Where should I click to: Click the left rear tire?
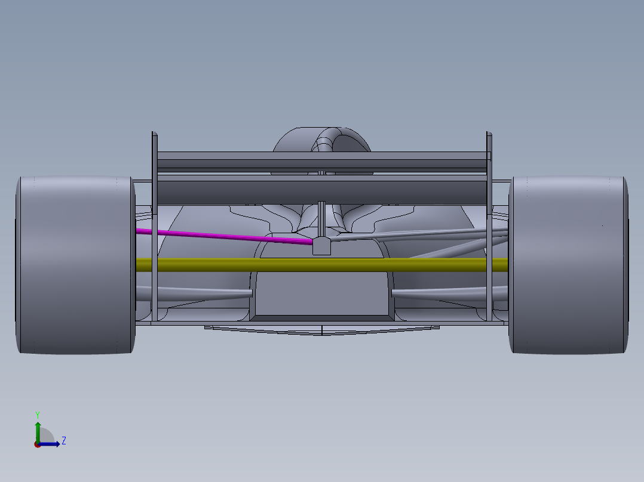tap(75, 265)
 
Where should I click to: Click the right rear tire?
tap(568, 265)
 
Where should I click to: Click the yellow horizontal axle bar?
tap(323, 265)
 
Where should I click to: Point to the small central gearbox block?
tap(321, 246)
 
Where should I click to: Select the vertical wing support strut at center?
tap(321, 218)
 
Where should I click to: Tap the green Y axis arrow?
tap(38, 428)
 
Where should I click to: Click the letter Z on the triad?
tap(63, 441)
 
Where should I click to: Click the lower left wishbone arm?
tap(197, 292)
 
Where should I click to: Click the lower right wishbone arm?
tap(448, 292)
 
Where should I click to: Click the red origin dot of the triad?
tap(37, 444)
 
